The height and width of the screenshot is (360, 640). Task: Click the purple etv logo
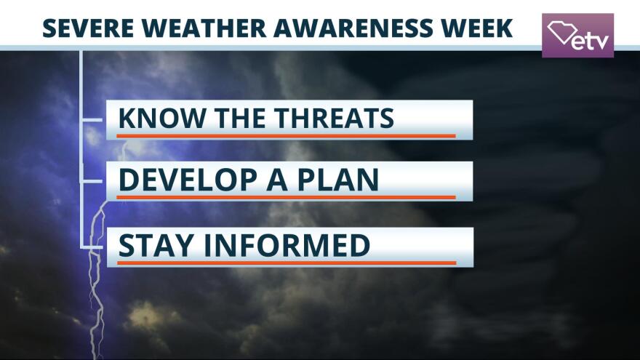tap(577, 36)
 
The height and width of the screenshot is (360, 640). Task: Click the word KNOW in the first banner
tap(162, 118)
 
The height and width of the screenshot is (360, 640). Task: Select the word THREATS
tap(334, 118)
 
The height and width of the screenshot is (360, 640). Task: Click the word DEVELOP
tap(188, 180)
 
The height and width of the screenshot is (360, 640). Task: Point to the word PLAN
tap(338, 180)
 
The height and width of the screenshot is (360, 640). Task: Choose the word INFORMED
tap(287, 245)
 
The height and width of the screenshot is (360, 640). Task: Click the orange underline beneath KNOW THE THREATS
tap(286, 136)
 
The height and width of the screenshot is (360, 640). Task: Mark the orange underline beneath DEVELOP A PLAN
tap(286, 198)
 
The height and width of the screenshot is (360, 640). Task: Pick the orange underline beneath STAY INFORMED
tap(287, 263)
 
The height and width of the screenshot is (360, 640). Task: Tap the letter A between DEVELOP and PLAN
tap(278, 180)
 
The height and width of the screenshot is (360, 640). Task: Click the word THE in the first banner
tap(240, 118)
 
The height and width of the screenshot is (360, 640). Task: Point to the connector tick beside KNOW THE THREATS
tap(92, 119)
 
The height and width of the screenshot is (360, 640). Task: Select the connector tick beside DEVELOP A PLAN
tap(92, 181)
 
